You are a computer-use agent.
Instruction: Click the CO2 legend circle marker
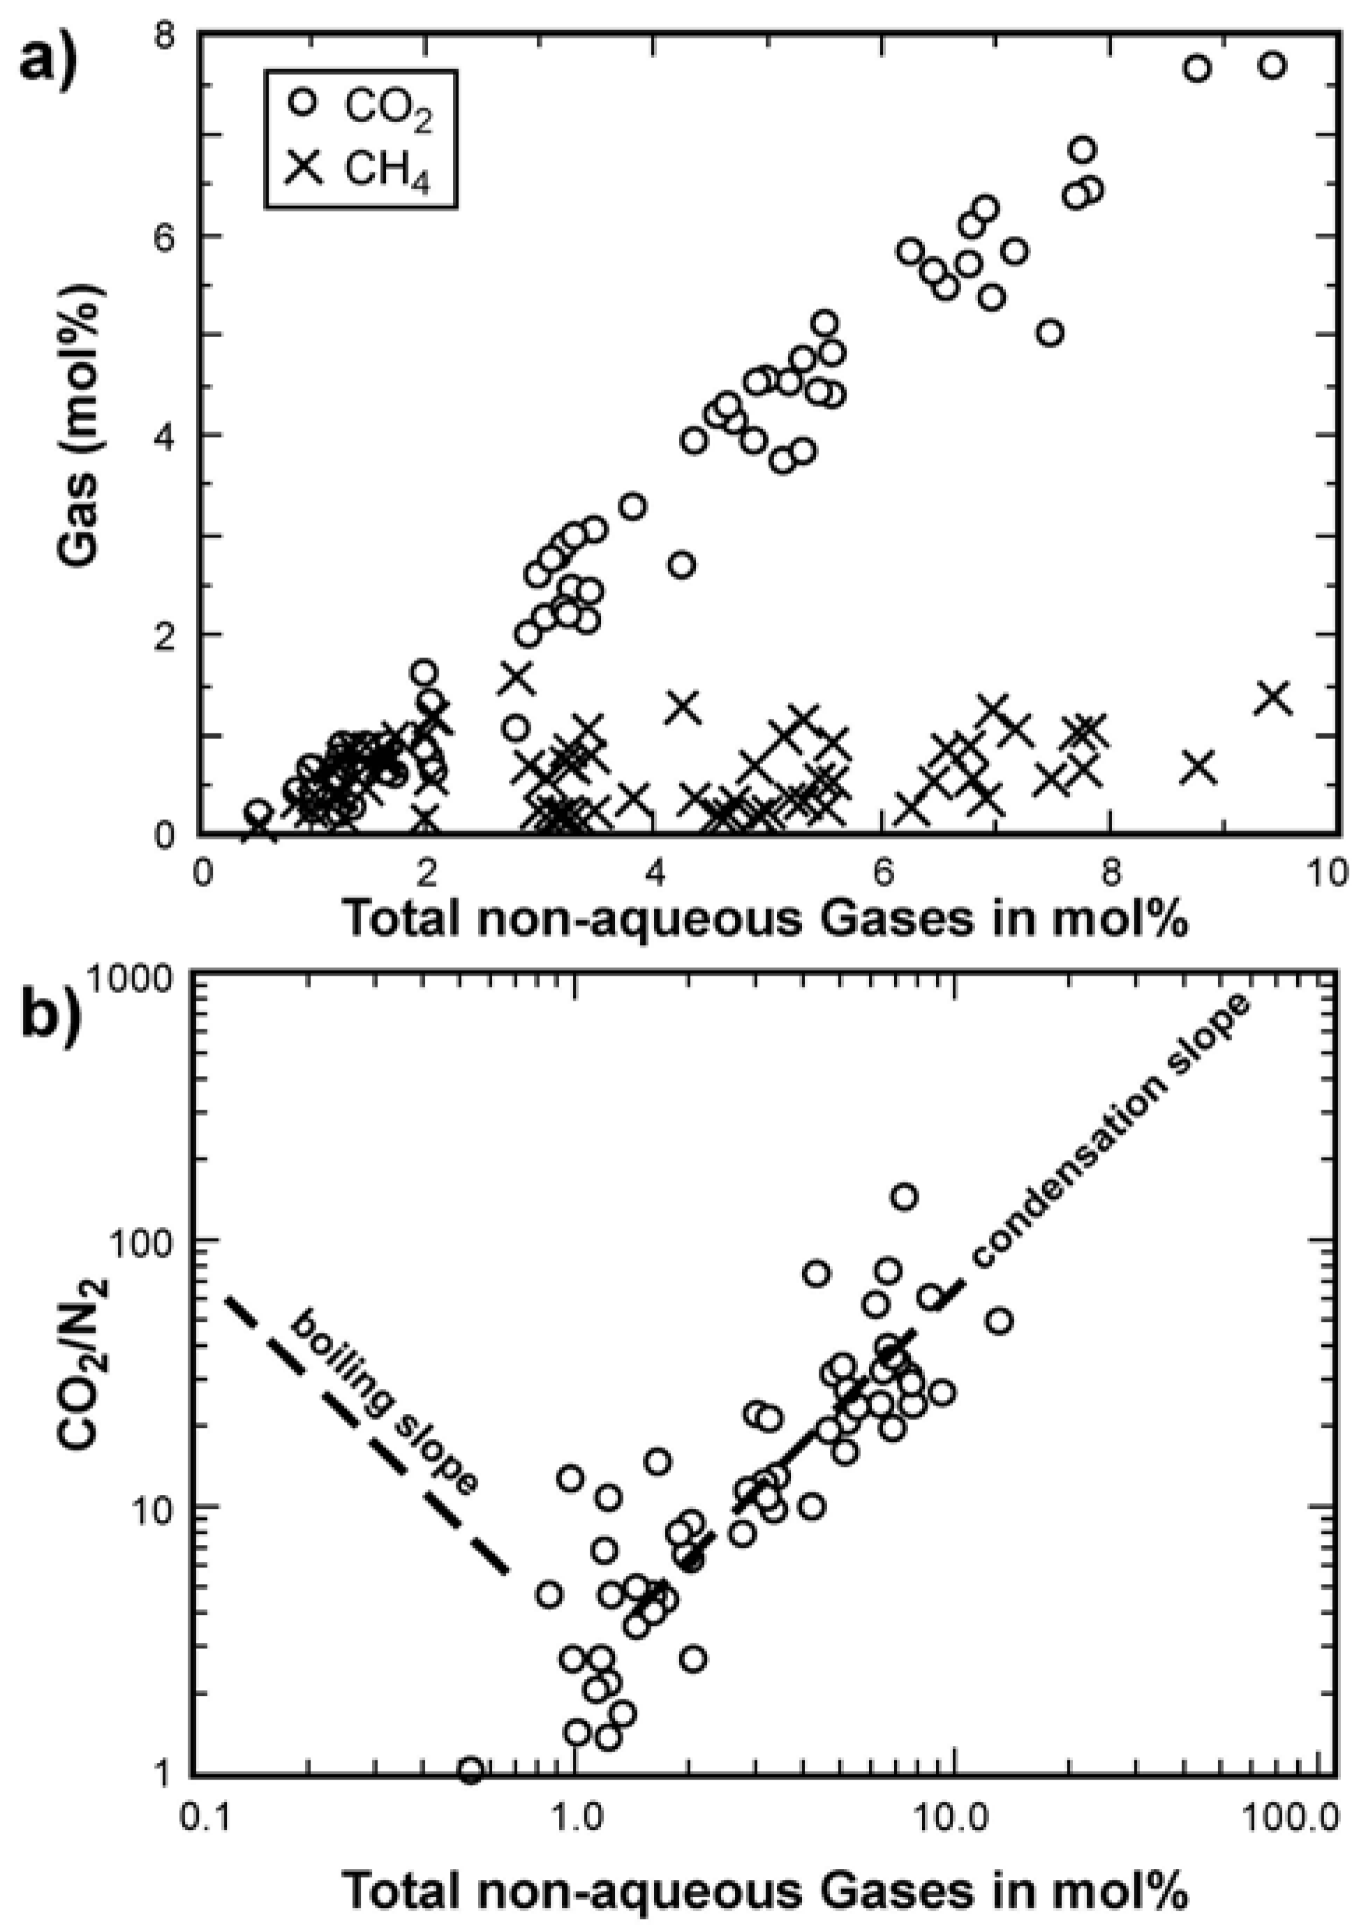pos(302,102)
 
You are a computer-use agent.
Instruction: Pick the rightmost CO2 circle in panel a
pos(1272,66)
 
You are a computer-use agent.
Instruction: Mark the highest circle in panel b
pos(905,1196)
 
